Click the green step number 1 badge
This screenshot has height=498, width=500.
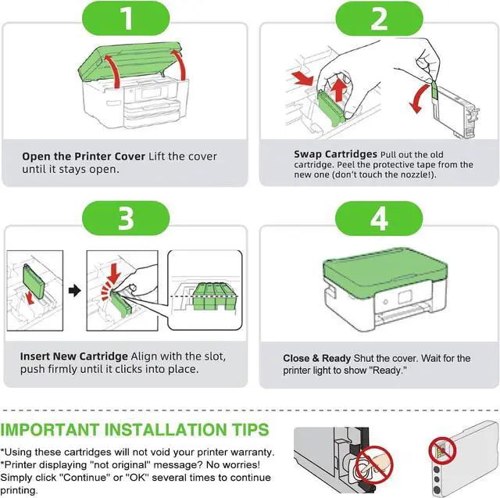pos(126,18)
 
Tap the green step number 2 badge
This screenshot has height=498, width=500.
pos(379,19)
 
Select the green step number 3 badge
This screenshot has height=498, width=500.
pos(126,218)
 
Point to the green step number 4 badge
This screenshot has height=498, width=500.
pos(379,219)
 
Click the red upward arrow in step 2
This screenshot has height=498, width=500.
pos(339,90)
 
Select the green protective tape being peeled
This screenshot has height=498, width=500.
pos(434,89)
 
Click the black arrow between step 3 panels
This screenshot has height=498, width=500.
pos(75,291)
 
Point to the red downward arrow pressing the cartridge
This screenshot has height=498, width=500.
pos(113,274)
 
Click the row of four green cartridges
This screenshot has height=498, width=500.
pos(214,296)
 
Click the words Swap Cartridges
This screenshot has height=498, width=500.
pos(335,154)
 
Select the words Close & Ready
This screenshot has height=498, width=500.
pos(316,358)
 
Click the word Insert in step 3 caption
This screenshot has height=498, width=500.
pos(34,356)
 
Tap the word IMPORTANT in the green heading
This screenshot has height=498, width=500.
pos(50,430)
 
